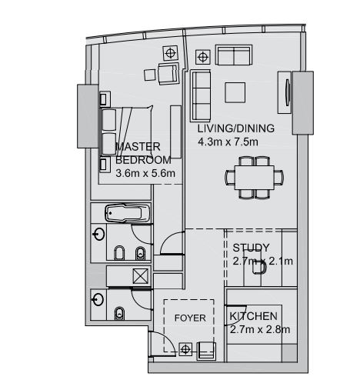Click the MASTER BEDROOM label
click(x=138, y=153)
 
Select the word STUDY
click(x=251, y=248)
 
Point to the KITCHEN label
click(x=254, y=316)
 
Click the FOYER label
click(x=189, y=317)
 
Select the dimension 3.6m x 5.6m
click(x=145, y=173)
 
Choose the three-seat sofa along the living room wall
click(x=201, y=92)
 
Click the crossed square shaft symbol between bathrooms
click(x=139, y=277)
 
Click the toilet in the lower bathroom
click(x=121, y=312)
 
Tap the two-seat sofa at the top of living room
click(x=233, y=55)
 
